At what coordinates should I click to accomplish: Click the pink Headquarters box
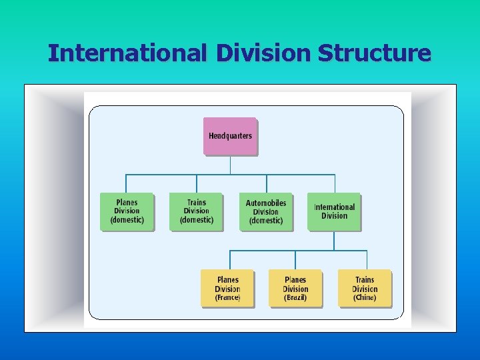click(230, 136)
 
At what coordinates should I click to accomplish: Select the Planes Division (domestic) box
click(127, 211)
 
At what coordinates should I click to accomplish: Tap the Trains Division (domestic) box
click(196, 211)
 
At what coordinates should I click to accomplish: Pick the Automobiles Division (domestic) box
click(266, 211)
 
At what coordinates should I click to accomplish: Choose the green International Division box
click(334, 211)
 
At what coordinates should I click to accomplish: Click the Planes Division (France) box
click(227, 288)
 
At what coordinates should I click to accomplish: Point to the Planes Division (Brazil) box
click(295, 288)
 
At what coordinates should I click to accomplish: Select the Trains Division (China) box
click(365, 288)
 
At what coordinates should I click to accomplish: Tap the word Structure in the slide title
click(374, 53)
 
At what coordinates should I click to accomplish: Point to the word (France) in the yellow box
click(227, 298)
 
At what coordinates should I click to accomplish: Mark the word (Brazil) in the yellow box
click(295, 298)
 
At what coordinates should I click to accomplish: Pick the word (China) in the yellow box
click(365, 298)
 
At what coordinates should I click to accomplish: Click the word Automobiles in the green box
click(266, 203)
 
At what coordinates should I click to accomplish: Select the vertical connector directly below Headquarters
click(230, 165)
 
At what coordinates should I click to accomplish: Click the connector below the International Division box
click(334, 241)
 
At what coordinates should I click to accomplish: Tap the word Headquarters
click(230, 136)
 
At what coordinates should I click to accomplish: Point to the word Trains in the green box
click(196, 203)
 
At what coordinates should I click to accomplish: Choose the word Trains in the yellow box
click(365, 280)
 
